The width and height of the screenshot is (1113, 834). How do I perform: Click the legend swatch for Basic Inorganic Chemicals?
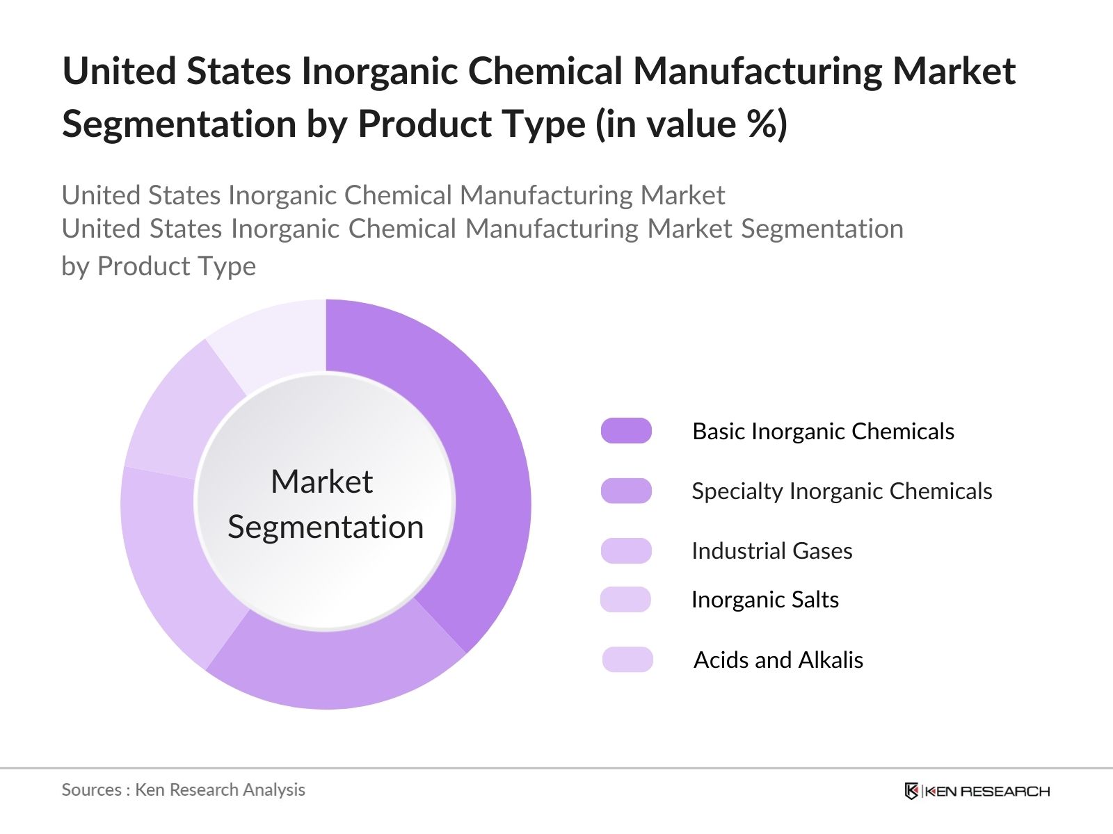(626, 431)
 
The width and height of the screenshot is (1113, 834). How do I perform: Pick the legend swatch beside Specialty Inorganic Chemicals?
(626, 491)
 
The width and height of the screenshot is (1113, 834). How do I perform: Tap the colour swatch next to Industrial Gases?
(626, 550)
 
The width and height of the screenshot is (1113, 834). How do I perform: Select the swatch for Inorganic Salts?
(625, 599)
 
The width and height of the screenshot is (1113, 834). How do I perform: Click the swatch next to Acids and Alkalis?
(627, 660)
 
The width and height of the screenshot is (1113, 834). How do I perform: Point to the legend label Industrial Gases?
(771, 551)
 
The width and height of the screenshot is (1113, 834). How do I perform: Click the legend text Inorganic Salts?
(764, 600)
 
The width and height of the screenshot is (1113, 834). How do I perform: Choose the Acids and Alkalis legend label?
(778, 660)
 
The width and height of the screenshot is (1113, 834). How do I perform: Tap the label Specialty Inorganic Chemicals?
(841, 491)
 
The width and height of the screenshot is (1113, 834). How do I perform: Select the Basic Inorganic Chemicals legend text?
(823, 432)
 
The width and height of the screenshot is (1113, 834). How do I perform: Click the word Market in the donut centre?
(321, 482)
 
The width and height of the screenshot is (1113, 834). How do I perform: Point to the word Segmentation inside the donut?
(326, 527)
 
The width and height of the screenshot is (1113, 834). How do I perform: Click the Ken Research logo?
(977, 791)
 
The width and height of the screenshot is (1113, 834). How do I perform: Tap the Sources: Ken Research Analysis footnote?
(183, 790)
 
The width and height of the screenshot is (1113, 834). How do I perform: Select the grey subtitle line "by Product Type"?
(159, 266)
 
